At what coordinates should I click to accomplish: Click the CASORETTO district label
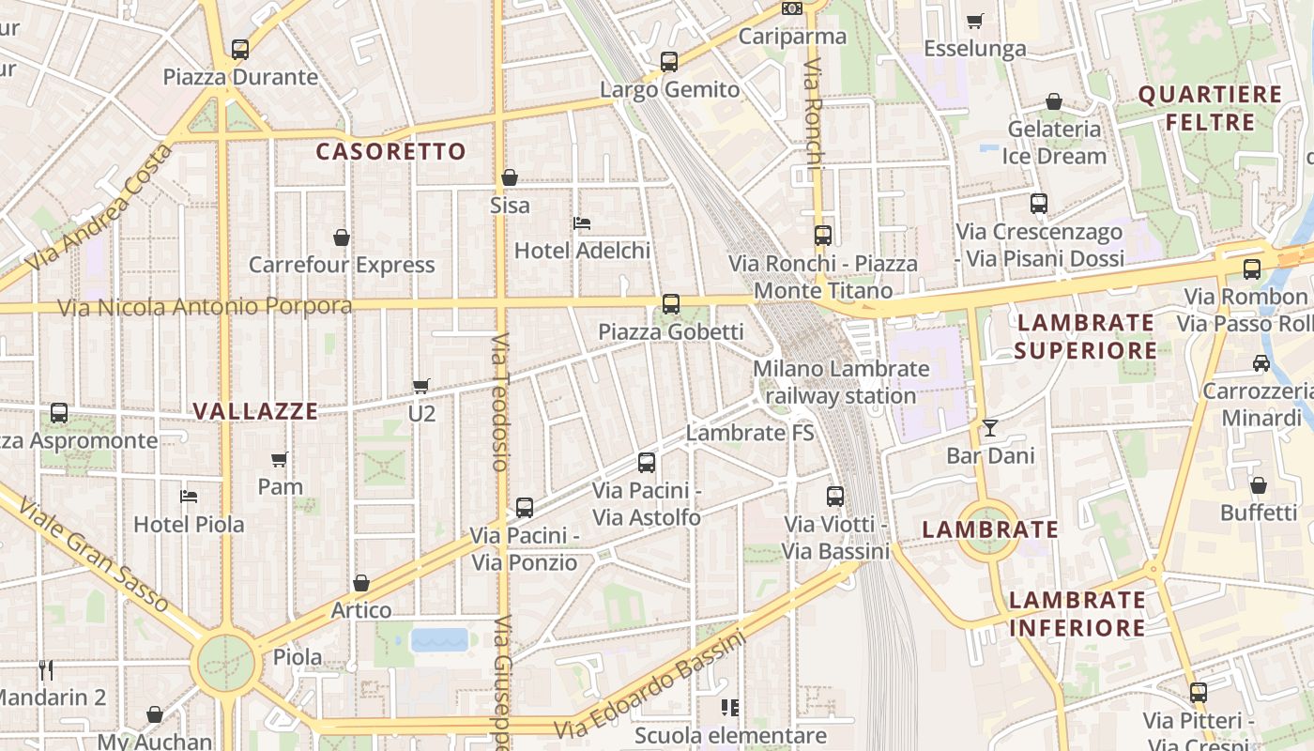(x=390, y=152)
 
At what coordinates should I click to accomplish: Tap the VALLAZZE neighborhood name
(x=255, y=411)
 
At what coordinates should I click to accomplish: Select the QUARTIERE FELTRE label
(x=1210, y=108)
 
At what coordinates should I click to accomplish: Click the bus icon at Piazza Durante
(x=240, y=50)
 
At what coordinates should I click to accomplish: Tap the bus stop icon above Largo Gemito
(x=669, y=62)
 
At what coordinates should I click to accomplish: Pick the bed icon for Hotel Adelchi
(x=582, y=223)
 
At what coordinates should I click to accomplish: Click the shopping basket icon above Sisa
(x=510, y=177)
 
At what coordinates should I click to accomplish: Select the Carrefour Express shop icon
(x=342, y=238)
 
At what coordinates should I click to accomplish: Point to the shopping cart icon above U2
(x=421, y=386)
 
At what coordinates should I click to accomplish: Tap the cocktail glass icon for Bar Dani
(x=990, y=429)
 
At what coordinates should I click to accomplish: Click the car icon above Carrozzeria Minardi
(x=1261, y=363)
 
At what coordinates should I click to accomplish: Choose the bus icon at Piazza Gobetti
(x=671, y=304)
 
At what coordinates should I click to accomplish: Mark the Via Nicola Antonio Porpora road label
(x=205, y=307)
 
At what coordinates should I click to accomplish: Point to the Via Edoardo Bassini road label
(x=649, y=686)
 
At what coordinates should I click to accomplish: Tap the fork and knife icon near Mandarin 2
(x=46, y=670)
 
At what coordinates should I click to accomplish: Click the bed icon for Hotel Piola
(x=189, y=497)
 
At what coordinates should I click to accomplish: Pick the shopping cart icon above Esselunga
(x=975, y=21)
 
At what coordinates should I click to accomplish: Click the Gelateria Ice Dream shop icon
(x=1054, y=101)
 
